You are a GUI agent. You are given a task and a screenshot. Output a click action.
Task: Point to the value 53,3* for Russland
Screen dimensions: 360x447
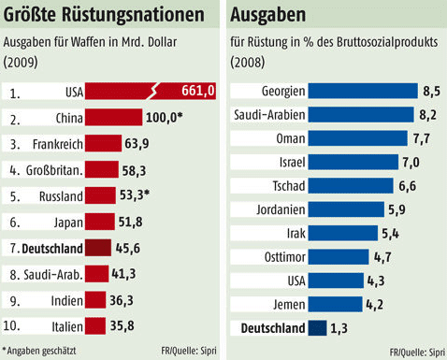click(x=139, y=196)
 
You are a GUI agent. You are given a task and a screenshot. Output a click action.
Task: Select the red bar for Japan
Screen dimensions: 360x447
click(x=100, y=222)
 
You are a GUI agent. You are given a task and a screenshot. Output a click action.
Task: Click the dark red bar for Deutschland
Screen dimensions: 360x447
click(x=98, y=248)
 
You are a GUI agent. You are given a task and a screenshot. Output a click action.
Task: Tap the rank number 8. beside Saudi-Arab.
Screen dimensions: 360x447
click(x=14, y=274)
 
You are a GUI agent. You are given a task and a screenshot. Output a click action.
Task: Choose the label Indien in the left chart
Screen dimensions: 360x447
click(x=63, y=300)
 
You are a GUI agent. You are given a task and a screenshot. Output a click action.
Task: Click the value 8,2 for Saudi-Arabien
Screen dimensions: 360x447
click(x=428, y=115)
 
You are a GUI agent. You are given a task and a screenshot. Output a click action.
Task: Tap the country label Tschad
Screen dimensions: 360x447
click(x=286, y=185)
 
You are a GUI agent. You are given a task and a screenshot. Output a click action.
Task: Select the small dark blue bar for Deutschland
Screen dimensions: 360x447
click(x=317, y=327)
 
